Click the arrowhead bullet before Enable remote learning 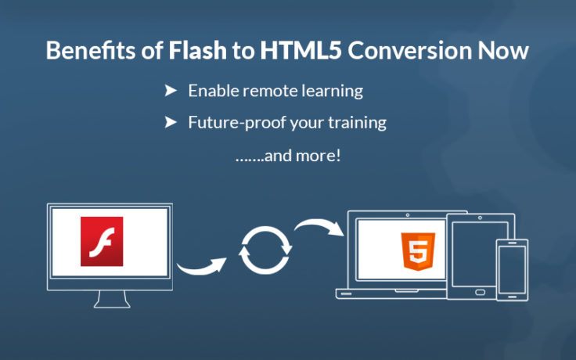(x=170, y=91)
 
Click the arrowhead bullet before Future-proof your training (x=170, y=122)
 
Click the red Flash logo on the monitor (x=103, y=241)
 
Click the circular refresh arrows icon (x=265, y=249)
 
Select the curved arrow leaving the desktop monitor (x=200, y=267)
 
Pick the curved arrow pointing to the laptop (x=320, y=228)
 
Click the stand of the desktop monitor (x=109, y=297)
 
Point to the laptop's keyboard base (x=391, y=293)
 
